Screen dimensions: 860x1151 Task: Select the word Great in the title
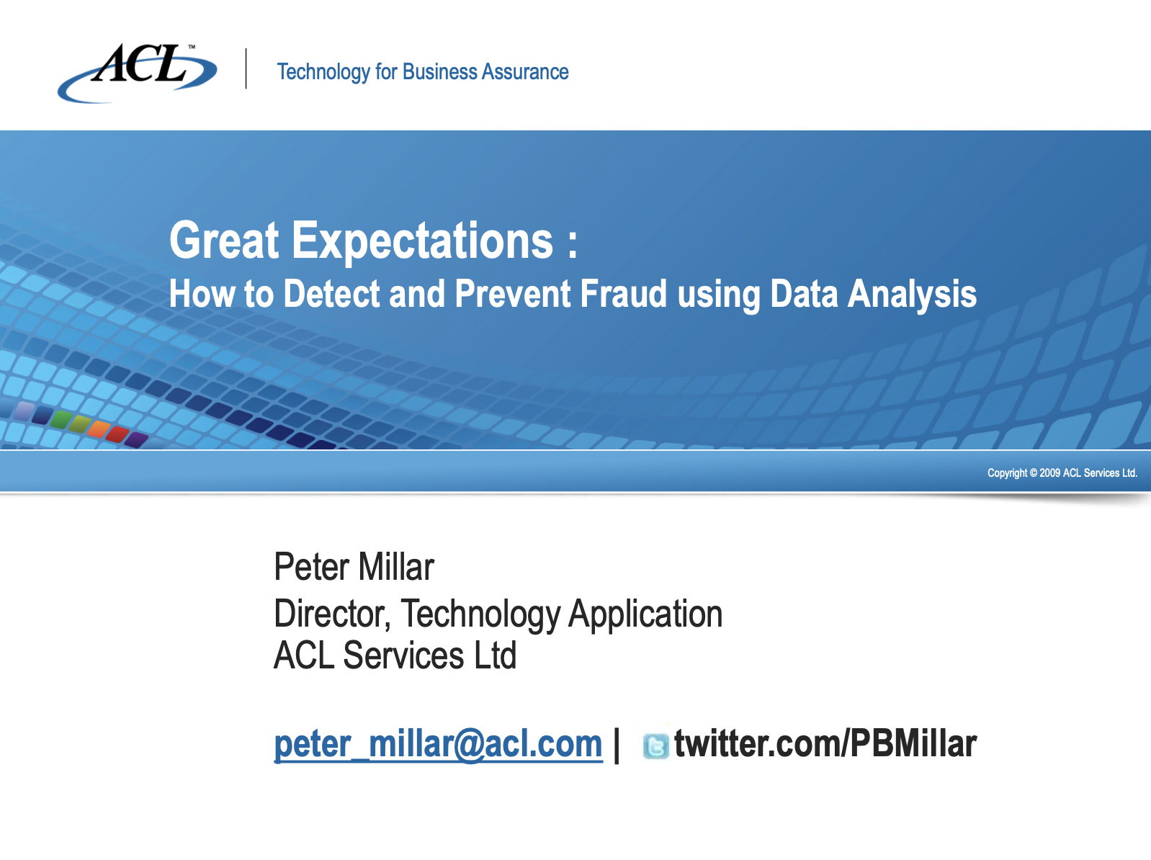coord(224,241)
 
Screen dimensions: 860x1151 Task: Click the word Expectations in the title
coord(423,241)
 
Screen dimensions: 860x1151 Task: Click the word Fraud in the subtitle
coord(624,294)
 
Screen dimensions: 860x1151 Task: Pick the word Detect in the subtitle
coord(331,294)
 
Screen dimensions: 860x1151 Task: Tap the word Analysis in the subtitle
coord(912,294)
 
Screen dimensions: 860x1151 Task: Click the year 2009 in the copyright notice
coord(1049,473)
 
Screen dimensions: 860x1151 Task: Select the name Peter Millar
coord(354,567)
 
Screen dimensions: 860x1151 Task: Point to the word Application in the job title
coord(645,614)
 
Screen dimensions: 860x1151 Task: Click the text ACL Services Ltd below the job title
coord(395,655)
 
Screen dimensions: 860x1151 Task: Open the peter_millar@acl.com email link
coord(438,744)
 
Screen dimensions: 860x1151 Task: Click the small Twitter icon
coord(655,746)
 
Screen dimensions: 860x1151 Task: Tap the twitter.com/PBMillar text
coord(825,744)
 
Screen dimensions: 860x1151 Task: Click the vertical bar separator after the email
coord(617,745)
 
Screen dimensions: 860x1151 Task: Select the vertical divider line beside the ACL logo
coord(246,69)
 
